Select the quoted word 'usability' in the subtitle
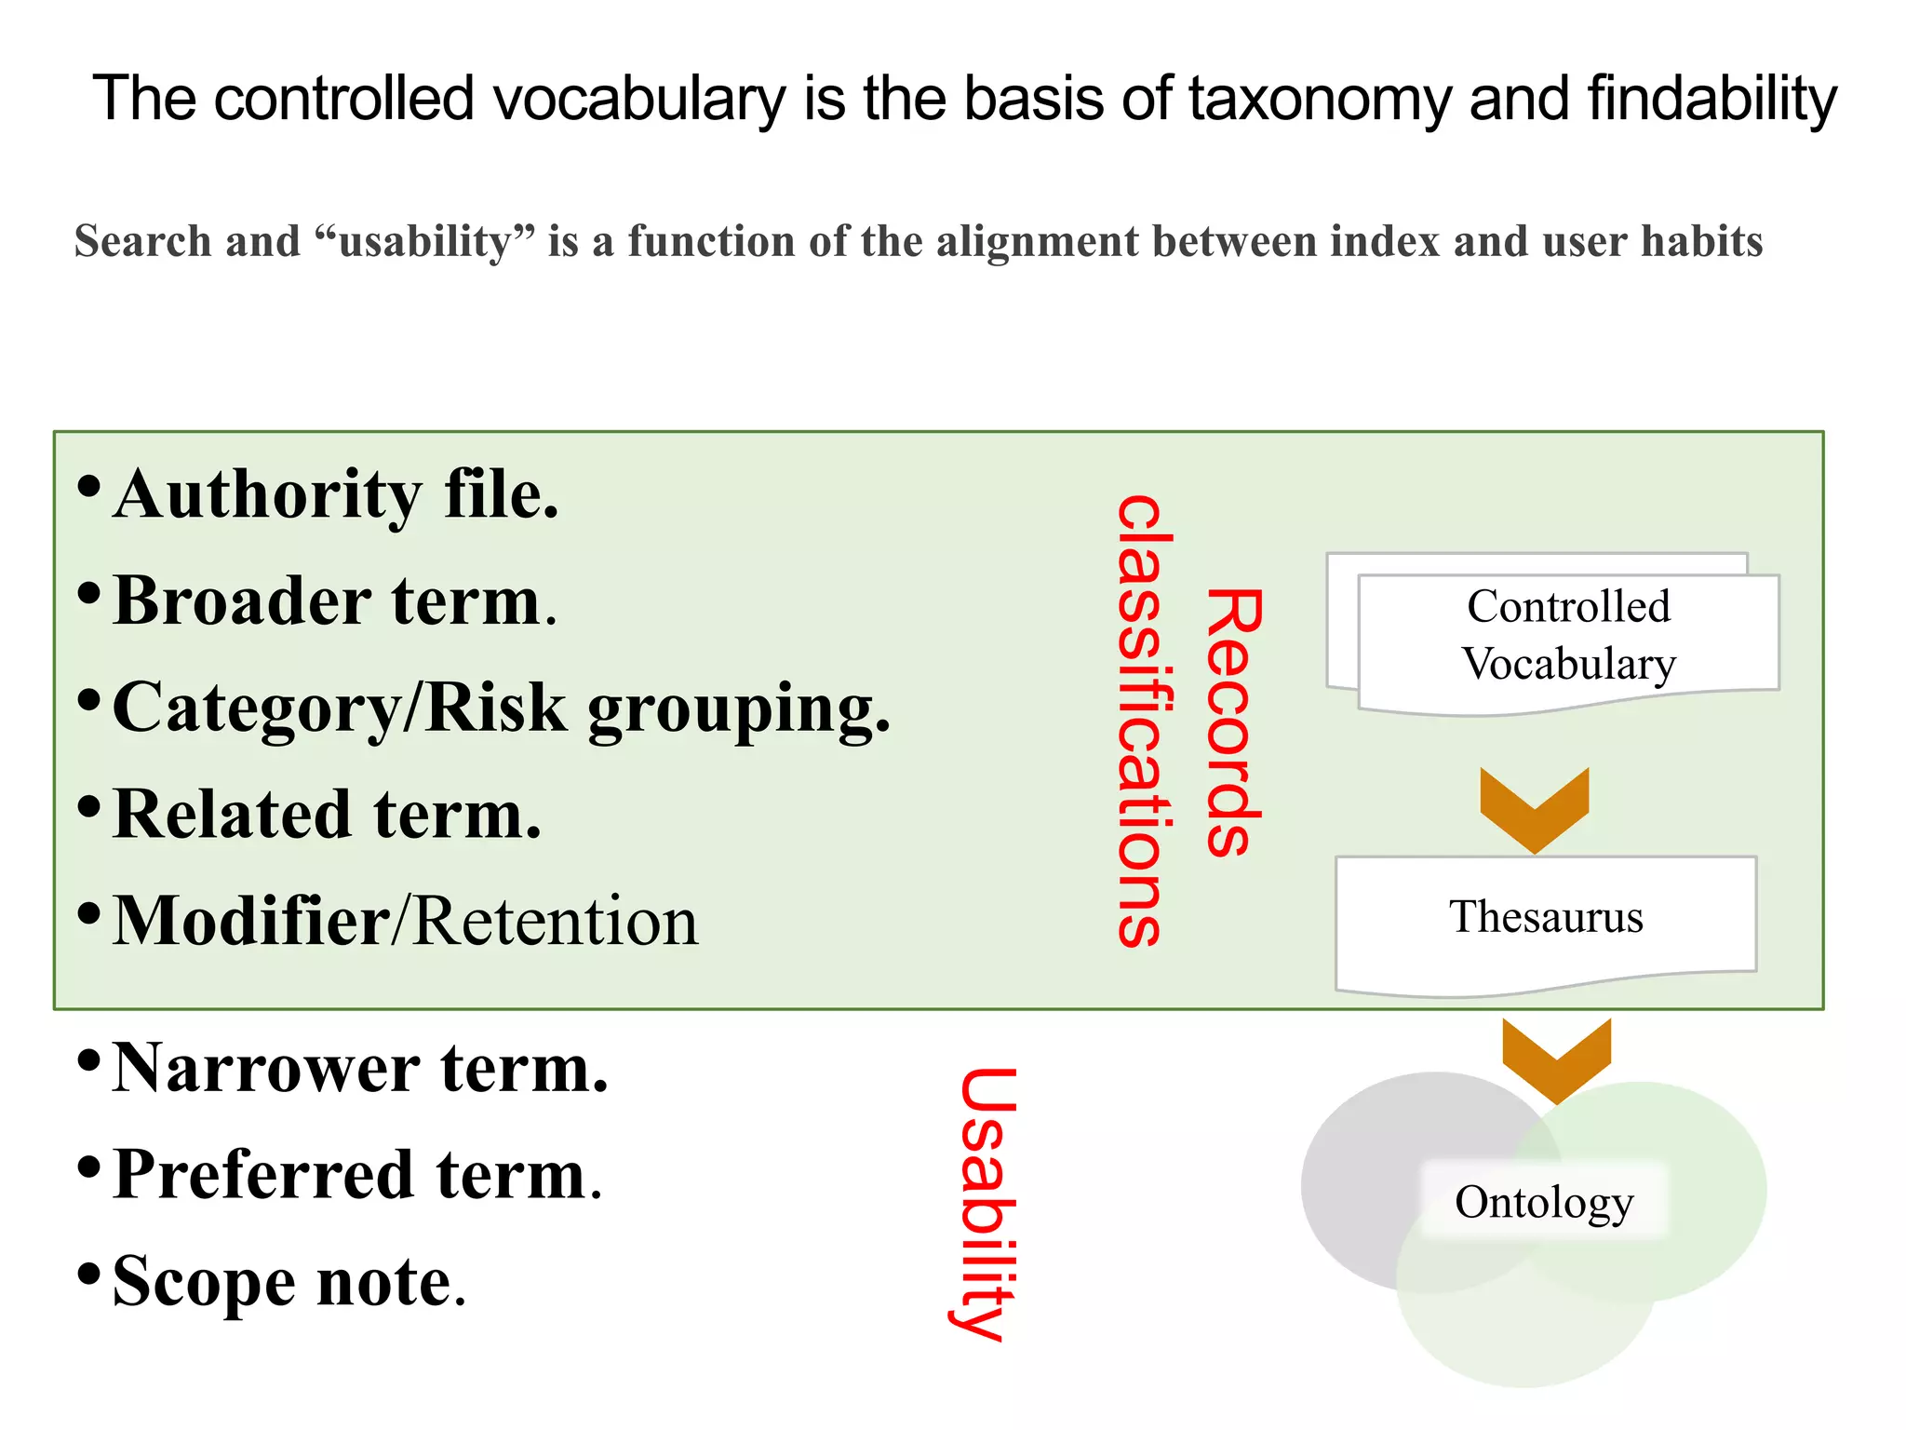[425, 242]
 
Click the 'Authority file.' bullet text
[335, 494]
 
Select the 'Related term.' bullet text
[327, 815]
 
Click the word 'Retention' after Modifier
[556, 922]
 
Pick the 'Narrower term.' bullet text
[360, 1068]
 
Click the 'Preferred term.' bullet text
[357, 1175]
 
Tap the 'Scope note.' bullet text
[289, 1282]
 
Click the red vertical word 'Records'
[1234, 722]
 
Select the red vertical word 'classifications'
[1144, 722]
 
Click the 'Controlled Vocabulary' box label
[1568, 635]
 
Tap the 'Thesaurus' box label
[1546, 917]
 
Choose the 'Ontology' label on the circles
[1544, 1202]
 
